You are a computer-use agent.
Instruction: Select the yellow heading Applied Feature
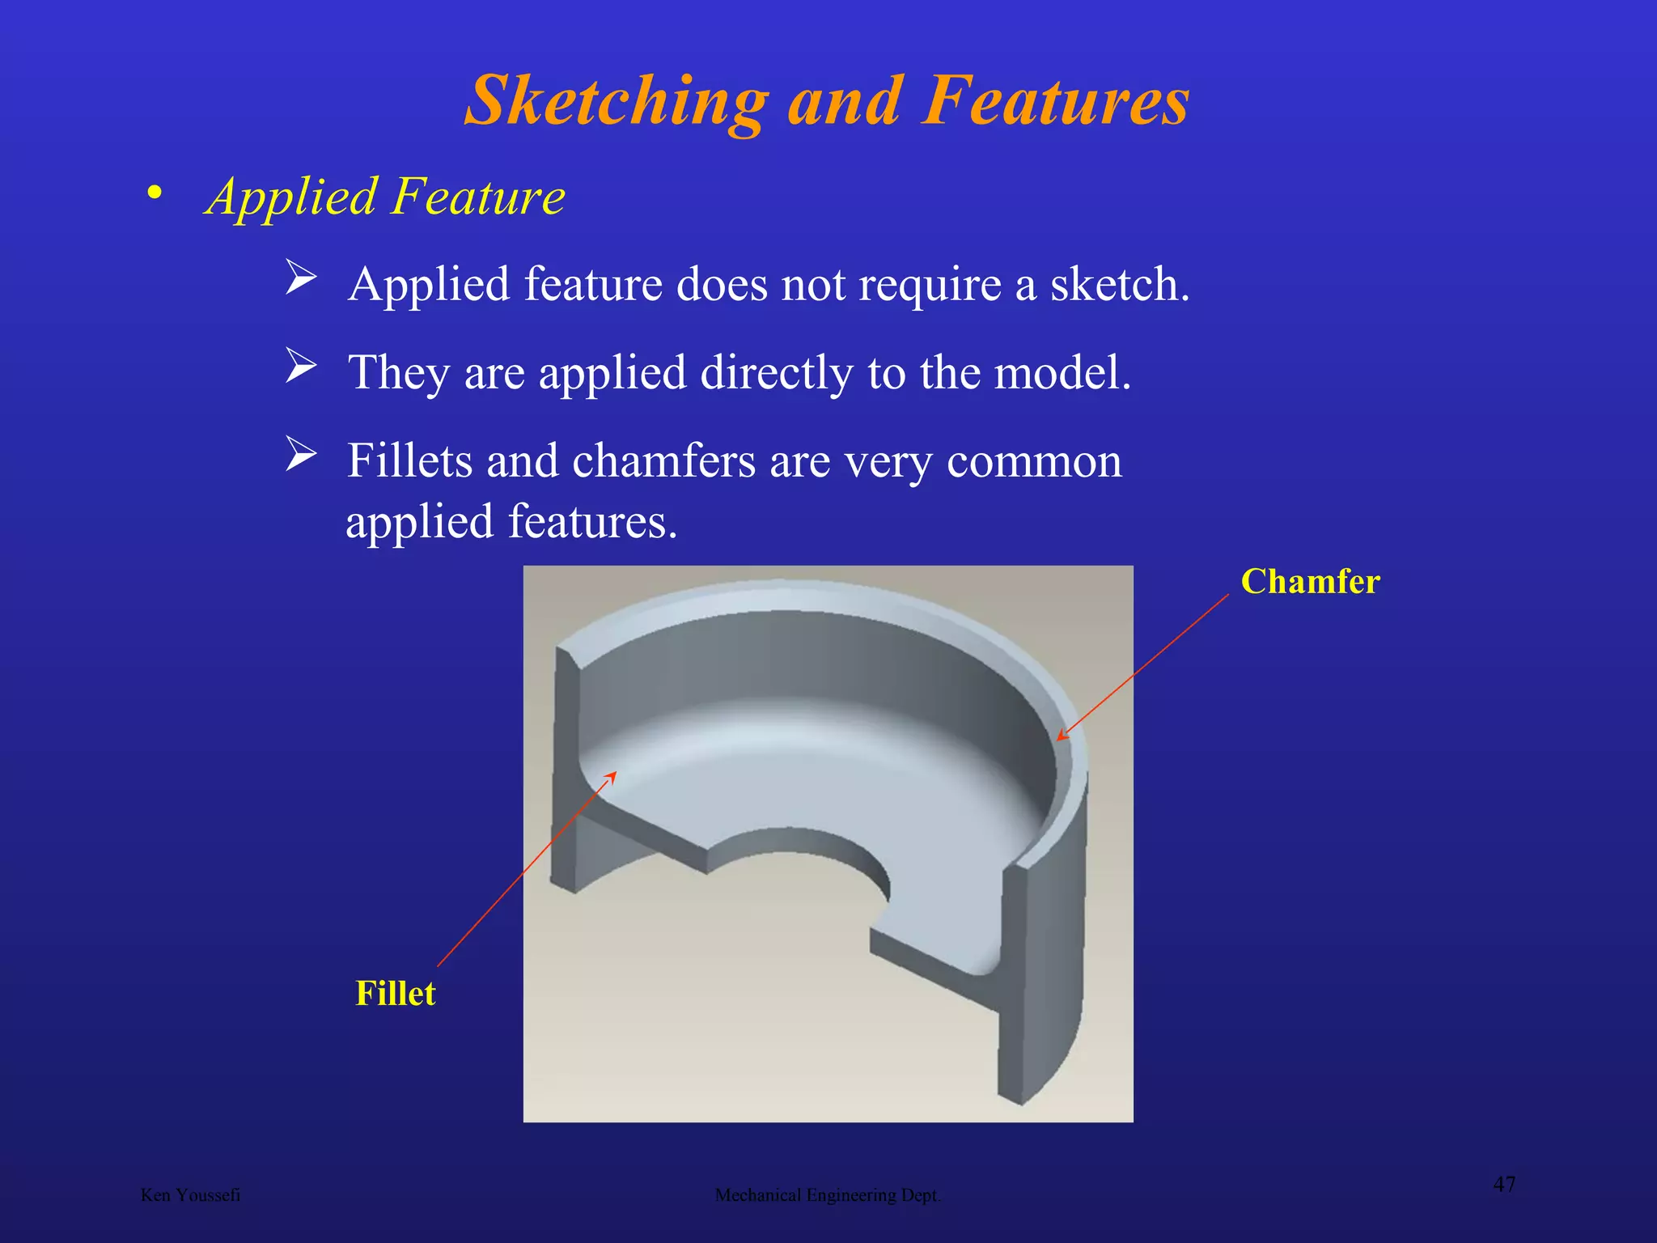(x=385, y=197)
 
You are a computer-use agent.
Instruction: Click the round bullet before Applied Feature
(x=155, y=193)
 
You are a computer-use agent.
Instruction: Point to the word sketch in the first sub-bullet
(x=1119, y=285)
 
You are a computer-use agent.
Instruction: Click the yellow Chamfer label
(x=1310, y=582)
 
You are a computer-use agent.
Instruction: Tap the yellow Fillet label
(x=396, y=994)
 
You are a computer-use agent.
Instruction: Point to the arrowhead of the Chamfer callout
(x=1061, y=737)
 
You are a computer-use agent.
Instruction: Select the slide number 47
(x=1504, y=1185)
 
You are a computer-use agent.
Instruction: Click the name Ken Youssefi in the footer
(x=190, y=1195)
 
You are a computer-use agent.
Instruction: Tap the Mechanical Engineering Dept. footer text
(x=828, y=1195)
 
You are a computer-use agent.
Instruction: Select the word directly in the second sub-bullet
(x=777, y=373)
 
